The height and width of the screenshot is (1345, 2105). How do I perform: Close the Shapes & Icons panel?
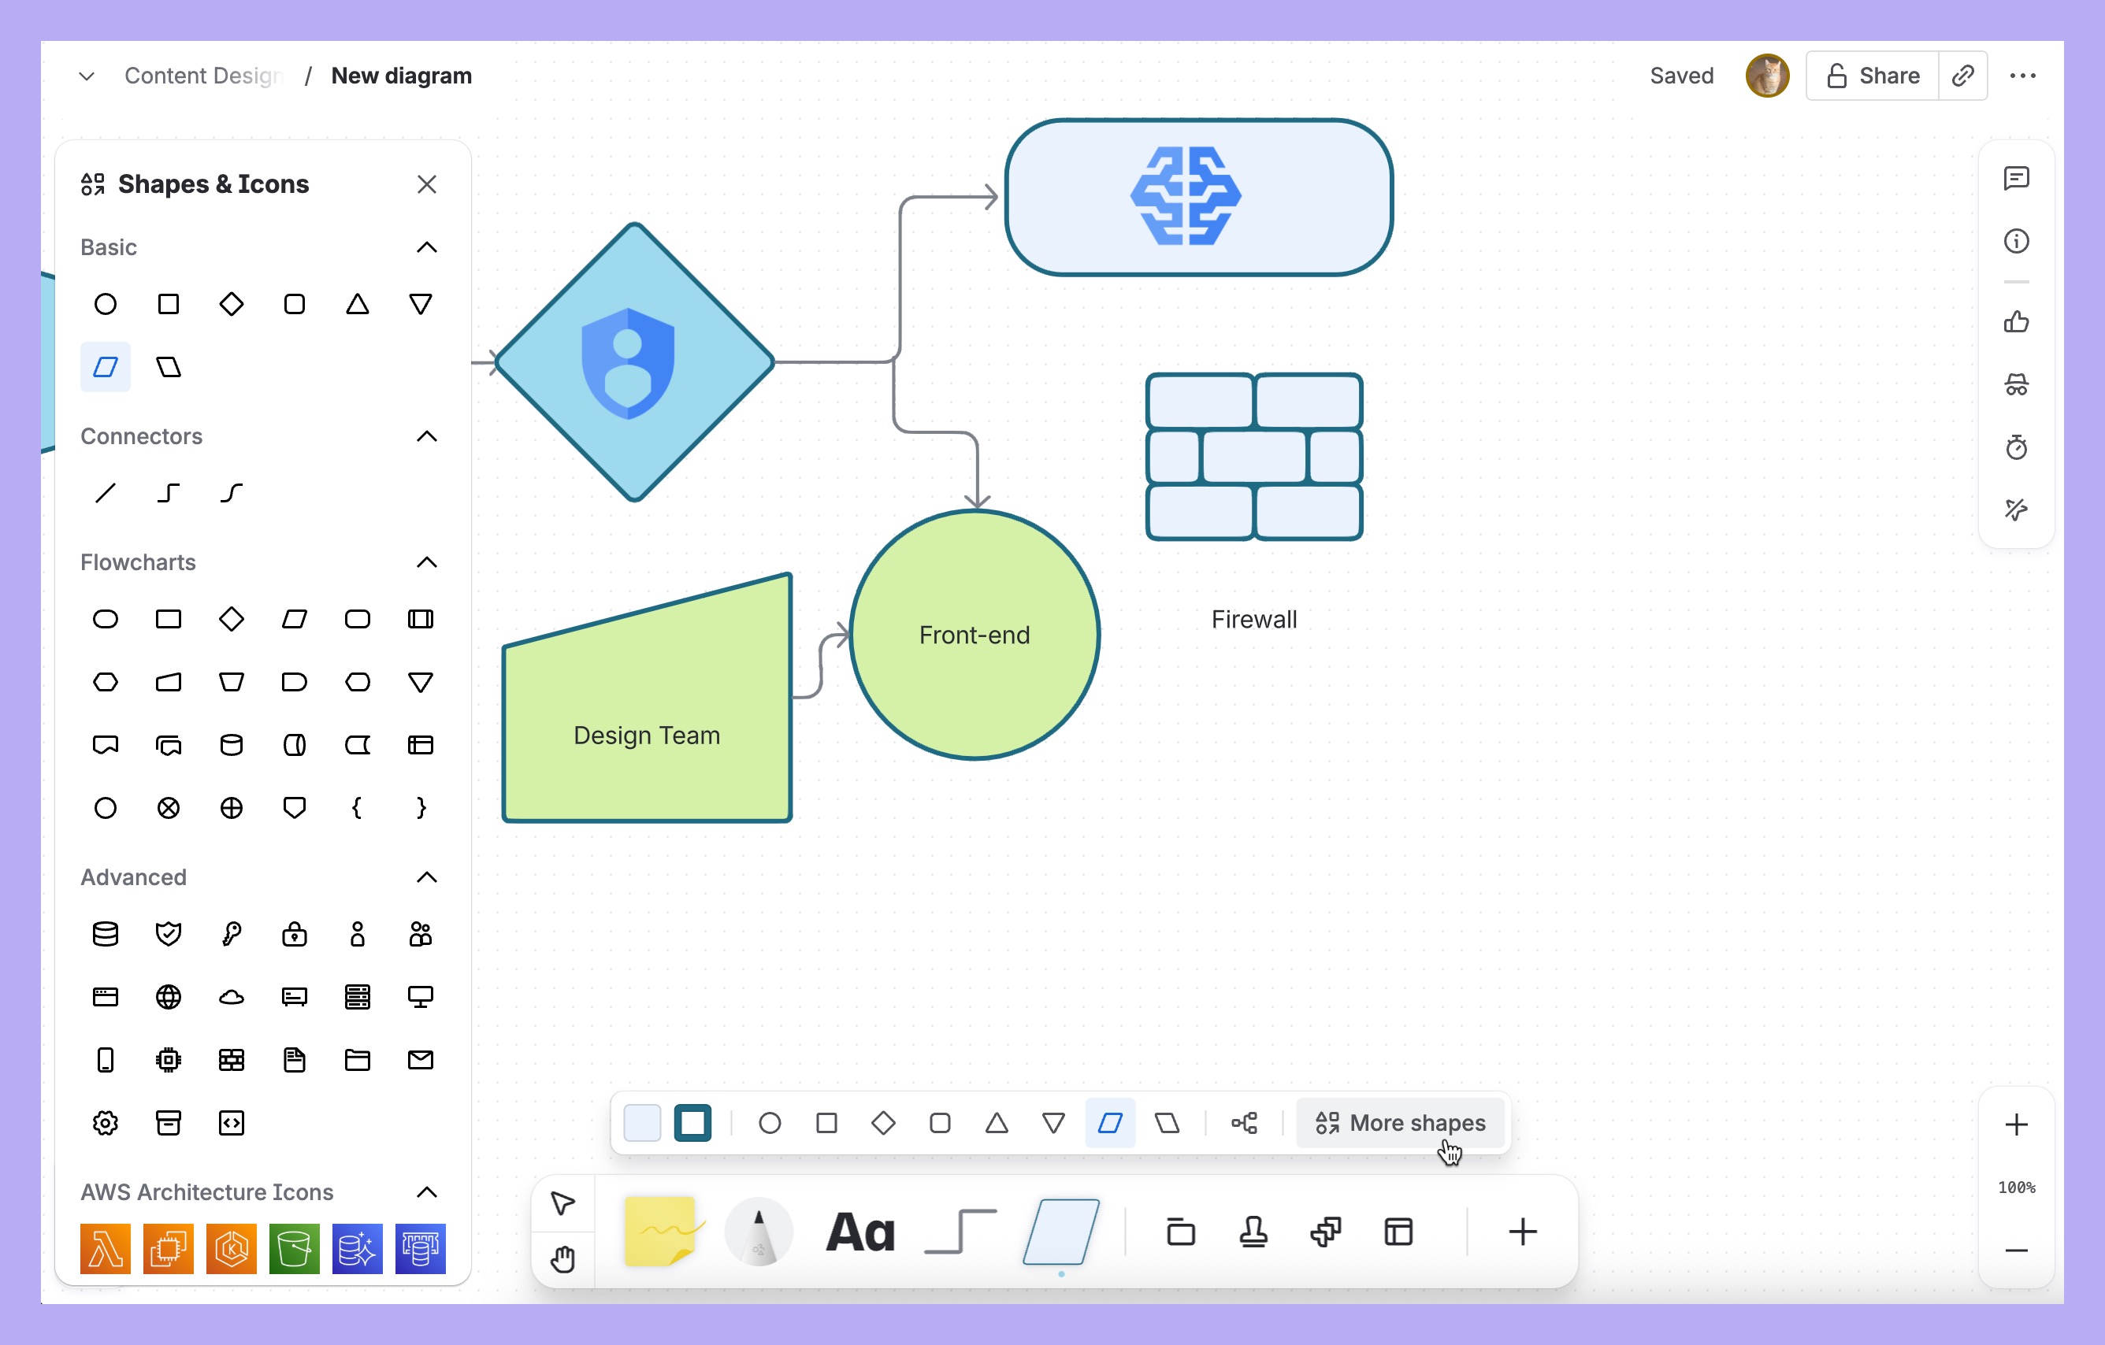click(x=427, y=184)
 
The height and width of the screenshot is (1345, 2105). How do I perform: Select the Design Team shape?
click(x=647, y=735)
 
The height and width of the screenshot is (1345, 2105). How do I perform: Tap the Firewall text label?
click(x=1253, y=620)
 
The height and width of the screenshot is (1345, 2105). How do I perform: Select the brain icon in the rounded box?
click(x=1186, y=196)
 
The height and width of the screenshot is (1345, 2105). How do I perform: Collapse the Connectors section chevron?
click(x=427, y=436)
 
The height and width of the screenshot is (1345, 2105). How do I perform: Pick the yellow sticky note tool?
click(x=660, y=1232)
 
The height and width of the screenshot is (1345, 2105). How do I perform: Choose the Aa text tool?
click(x=861, y=1232)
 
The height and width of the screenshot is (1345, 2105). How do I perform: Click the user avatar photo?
click(x=1767, y=76)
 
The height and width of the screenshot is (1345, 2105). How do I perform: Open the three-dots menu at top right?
click(x=2022, y=76)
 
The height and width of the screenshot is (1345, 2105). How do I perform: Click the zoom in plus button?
click(x=2016, y=1125)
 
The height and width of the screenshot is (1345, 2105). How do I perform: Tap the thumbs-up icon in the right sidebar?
click(x=2016, y=321)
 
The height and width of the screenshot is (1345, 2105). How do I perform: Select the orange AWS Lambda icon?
click(x=105, y=1248)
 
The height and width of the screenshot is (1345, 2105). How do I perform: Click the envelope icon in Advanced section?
click(x=421, y=1060)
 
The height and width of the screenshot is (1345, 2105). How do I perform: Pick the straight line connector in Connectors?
click(x=105, y=493)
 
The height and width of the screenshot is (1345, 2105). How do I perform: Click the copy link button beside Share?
click(x=1962, y=76)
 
